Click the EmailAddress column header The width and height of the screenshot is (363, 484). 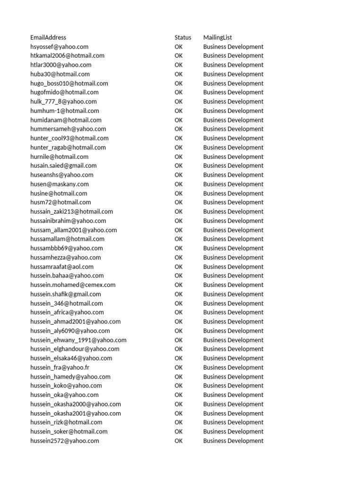coord(48,37)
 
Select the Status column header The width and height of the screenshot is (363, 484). coord(183,37)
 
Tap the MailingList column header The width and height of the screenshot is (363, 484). coord(217,37)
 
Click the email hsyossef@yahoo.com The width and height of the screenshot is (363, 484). coord(59,47)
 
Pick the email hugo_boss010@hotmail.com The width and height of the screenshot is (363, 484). coord(69,83)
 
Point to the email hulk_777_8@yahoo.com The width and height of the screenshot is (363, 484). coord(63,102)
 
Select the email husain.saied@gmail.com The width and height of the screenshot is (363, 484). coord(63,165)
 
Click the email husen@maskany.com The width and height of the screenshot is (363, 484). coord(60,184)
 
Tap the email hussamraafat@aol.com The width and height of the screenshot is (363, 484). coord(62,267)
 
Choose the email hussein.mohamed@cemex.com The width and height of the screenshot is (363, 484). coord(73,285)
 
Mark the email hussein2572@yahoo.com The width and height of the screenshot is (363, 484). coord(65,441)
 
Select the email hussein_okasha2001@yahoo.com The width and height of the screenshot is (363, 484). coord(76,413)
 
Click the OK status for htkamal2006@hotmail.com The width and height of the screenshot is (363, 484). coord(179,56)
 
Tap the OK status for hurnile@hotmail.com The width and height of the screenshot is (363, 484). coord(179,156)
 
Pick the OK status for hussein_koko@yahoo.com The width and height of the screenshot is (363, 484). coord(179,386)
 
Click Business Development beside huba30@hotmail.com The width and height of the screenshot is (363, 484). coord(233,74)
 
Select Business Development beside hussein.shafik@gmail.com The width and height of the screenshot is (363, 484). coord(233,294)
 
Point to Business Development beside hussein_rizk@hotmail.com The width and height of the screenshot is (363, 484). coord(233,422)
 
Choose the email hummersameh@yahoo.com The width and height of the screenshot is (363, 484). coord(68,129)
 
